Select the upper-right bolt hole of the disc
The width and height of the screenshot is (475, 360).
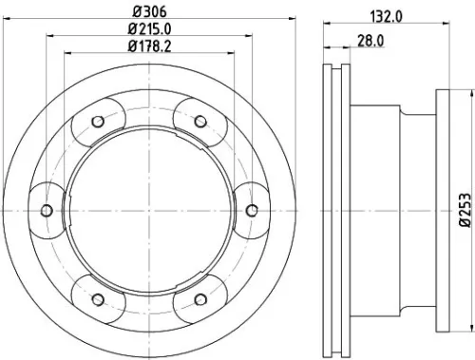pos(199,121)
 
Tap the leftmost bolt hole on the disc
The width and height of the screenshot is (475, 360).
pos(46,210)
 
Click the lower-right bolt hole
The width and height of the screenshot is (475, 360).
pos(199,298)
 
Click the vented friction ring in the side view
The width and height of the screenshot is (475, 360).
pos(336,210)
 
